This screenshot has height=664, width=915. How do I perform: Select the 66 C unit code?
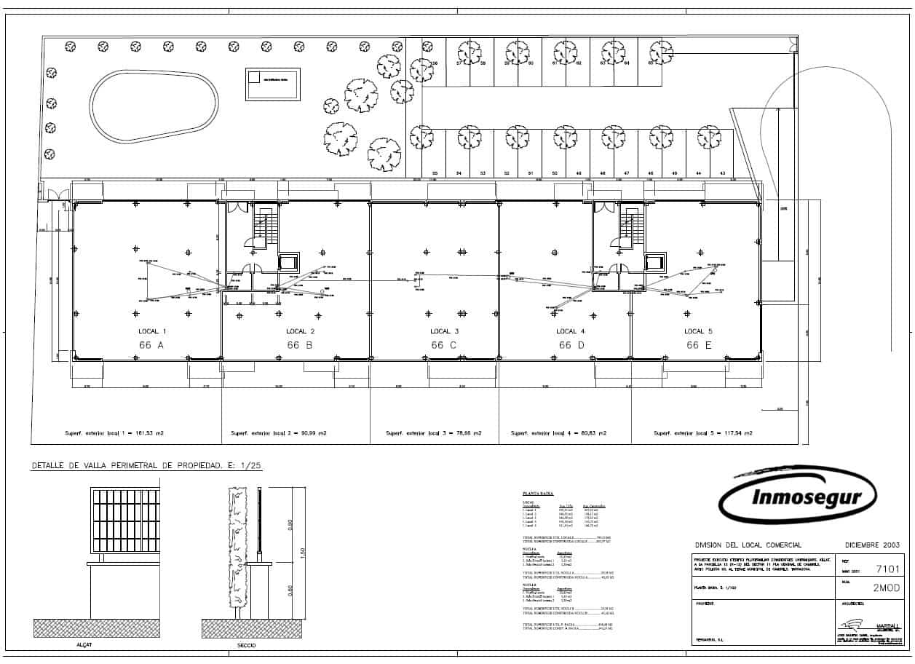pyautogui.click(x=443, y=345)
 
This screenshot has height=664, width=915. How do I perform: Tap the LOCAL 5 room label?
pyautogui.click(x=698, y=331)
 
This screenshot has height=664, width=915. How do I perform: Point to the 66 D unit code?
pyautogui.click(x=571, y=345)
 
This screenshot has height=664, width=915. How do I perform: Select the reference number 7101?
pyautogui.click(x=888, y=569)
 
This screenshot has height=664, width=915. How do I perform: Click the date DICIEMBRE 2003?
pyautogui.click(x=872, y=545)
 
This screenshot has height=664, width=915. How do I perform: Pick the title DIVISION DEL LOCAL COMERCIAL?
pyautogui.click(x=748, y=545)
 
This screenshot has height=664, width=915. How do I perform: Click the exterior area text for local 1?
pyautogui.click(x=114, y=433)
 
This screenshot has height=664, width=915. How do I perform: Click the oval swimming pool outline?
pyautogui.click(x=154, y=107)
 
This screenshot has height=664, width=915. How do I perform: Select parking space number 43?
pyautogui.click(x=721, y=173)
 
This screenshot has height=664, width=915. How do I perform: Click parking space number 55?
pyautogui.click(x=435, y=173)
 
